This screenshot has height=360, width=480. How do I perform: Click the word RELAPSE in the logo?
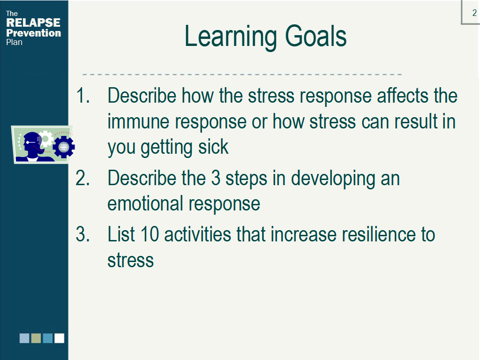pos(33,22)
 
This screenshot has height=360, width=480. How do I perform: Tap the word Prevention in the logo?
pos(33,33)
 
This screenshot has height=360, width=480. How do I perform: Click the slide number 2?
pos(474,13)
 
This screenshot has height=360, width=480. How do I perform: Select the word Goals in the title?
pos(315,37)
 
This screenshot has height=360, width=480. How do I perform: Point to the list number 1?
pos(82,96)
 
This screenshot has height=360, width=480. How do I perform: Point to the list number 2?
pos(82,178)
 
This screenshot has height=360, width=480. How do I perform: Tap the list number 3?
pos(82,234)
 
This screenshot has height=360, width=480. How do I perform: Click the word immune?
pos(138,121)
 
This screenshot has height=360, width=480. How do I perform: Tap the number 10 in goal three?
pos(150,234)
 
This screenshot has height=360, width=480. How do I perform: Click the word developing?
pos(333,180)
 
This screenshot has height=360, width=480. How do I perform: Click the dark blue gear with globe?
pos(64,147)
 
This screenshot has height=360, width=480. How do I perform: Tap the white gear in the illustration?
pos(46,138)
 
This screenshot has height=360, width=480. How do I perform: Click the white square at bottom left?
pos(60,338)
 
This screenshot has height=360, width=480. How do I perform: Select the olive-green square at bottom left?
pos(36,338)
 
